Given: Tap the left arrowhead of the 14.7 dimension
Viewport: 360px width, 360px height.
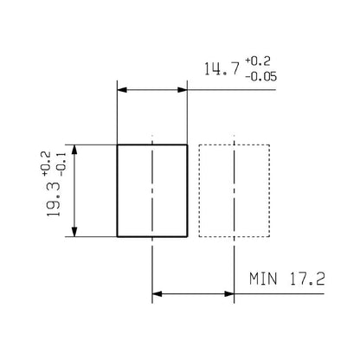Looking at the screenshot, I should coord(123,89).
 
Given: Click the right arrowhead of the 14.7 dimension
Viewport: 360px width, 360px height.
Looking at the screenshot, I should coord(182,89).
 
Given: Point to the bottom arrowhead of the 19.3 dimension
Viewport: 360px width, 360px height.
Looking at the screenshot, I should coord(78,230).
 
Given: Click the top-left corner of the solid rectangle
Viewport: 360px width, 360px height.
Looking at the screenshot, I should coord(118,145).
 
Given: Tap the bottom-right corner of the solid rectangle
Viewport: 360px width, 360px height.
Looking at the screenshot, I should coord(187,235).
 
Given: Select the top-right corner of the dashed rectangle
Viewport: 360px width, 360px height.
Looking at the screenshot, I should coord(269,145).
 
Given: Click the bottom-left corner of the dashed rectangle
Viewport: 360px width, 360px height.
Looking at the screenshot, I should coord(199,235).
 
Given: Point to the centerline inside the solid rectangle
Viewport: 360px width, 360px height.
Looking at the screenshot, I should coord(152,190).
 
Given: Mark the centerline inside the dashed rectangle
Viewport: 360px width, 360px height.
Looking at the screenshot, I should coord(234,190).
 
